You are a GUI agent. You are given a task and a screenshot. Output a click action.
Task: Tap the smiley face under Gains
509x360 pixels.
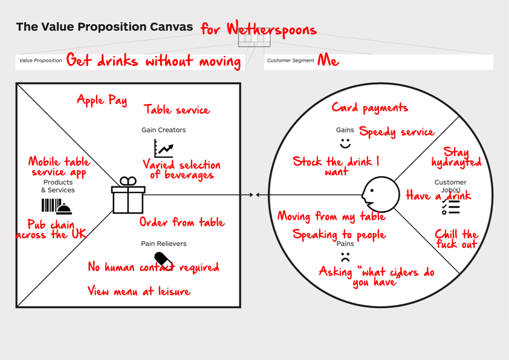pos(345,143)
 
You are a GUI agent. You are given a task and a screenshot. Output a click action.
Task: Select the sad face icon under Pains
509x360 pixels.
pos(345,257)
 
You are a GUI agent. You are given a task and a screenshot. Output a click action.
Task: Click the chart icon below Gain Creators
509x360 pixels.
pos(163,148)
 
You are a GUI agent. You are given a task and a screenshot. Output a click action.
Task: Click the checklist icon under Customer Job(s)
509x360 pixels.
pos(450,207)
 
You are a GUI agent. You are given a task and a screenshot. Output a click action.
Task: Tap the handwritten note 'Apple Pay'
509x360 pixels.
pos(102,100)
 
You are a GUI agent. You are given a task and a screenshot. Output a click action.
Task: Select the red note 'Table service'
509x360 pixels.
pos(177,110)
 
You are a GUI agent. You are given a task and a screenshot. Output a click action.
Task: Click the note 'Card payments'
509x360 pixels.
pos(369,108)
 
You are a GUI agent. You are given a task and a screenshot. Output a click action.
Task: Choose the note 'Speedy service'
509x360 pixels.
pos(397,132)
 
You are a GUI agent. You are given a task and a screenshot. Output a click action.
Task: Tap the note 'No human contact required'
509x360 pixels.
pos(153,267)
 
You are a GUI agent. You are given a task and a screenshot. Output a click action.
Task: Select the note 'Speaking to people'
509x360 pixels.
pos(339,235)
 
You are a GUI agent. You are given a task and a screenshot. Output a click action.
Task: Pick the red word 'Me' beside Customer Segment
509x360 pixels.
pos(328,61)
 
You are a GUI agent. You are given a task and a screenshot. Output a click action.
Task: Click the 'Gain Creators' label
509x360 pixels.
pos(163,130)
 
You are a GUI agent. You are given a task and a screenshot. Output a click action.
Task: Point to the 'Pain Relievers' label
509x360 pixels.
pos(163,244)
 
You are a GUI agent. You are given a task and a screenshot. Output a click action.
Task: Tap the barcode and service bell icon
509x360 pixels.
pos(56,206)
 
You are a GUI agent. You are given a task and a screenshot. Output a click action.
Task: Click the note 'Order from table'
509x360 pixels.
pos(181,223)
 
